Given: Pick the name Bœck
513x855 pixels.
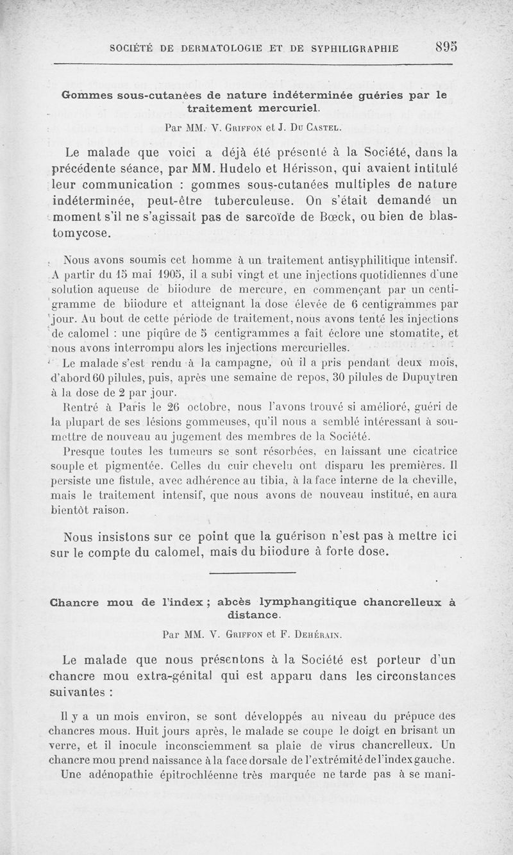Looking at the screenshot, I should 346,217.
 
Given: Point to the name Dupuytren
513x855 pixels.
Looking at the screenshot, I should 425,378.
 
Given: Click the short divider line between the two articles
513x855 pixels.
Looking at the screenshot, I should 252,572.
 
